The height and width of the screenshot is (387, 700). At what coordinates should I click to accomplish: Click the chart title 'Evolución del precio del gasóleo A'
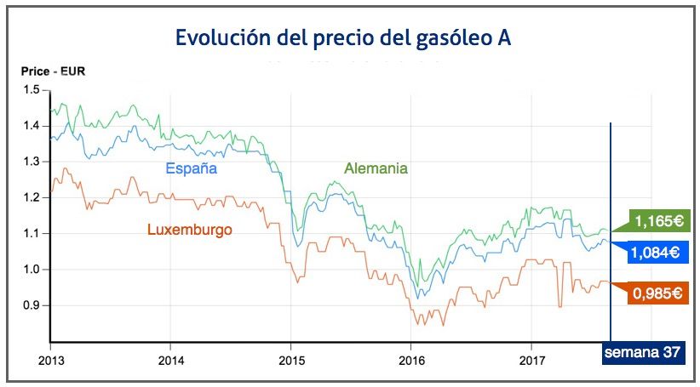343,38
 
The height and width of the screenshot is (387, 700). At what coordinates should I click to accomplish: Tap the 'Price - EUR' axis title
53,71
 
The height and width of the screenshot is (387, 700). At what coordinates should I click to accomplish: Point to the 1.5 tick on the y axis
32,90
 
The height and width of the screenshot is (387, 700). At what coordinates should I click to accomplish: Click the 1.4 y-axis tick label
32,126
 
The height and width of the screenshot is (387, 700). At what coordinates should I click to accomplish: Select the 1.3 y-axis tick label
32,162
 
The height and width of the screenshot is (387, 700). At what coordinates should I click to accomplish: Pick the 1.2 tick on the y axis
32,197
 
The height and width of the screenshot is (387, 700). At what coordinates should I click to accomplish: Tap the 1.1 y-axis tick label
32,233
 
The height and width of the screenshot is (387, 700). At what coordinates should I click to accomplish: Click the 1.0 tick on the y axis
32,270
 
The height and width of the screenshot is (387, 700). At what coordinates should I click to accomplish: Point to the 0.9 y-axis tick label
32,305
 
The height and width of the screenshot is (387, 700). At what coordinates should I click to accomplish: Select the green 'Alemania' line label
376,168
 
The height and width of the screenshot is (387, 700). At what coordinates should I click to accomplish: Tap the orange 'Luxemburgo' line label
190,230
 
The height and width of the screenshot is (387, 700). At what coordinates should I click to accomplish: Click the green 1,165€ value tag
657,221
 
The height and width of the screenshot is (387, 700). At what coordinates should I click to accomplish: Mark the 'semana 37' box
644,353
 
